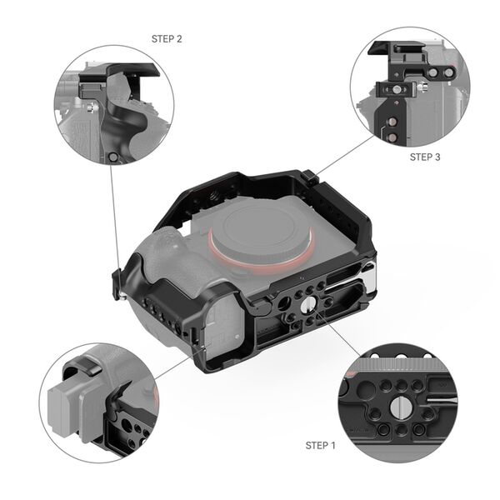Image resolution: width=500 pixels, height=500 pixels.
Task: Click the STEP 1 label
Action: pos(320,445)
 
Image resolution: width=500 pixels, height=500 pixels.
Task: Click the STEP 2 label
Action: pos(167,38)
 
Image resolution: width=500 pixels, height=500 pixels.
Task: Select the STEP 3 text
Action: pos(425,156)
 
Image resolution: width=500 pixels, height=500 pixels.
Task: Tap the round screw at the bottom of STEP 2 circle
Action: pos(113,157)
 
